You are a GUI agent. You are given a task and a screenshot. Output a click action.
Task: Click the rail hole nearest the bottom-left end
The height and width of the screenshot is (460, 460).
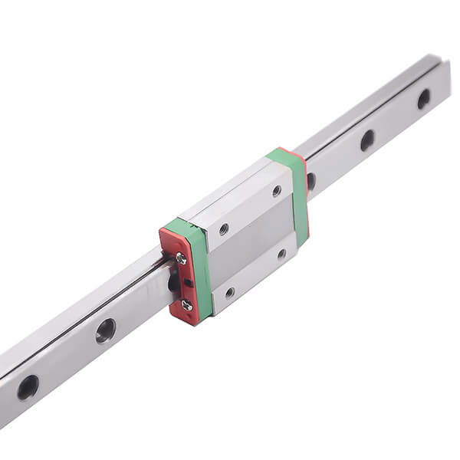(x=28, y=387)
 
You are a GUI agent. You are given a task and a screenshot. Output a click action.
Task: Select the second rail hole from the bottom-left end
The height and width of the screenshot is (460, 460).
(x=105, y=330)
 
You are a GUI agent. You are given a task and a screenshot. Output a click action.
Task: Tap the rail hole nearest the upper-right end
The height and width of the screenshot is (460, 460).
(x=423, y=99)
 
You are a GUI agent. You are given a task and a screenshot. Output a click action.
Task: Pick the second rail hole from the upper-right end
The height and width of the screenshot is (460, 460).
(x=367, y=140)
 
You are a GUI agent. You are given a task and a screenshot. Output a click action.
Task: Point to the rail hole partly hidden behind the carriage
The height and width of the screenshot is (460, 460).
(x=310, y=182)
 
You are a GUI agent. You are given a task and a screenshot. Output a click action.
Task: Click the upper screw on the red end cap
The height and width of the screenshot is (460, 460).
(x=181, y=259)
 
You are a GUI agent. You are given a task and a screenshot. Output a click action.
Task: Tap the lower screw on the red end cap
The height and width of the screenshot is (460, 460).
(x=186, y=305)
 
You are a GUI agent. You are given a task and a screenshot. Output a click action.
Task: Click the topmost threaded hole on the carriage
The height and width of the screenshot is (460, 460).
(x=276, y=190)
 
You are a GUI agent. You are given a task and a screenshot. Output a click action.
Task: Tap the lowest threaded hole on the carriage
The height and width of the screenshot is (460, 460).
(x=229, y=292)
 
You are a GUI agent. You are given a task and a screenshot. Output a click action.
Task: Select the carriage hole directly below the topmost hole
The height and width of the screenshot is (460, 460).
(x=282, y=253)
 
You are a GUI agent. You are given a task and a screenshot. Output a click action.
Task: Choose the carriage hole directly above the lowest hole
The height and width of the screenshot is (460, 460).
(x=223, y=229)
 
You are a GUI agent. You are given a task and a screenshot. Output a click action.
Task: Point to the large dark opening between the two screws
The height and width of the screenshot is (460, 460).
(x=175, y=284)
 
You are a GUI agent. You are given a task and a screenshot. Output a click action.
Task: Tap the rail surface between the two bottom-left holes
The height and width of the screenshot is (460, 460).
(x=67, y=359)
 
